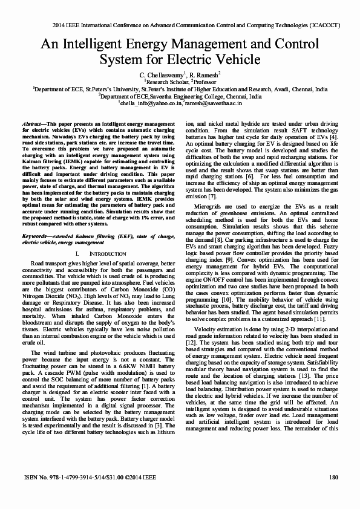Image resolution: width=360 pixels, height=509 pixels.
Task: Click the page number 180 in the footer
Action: (x=333, y=494)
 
